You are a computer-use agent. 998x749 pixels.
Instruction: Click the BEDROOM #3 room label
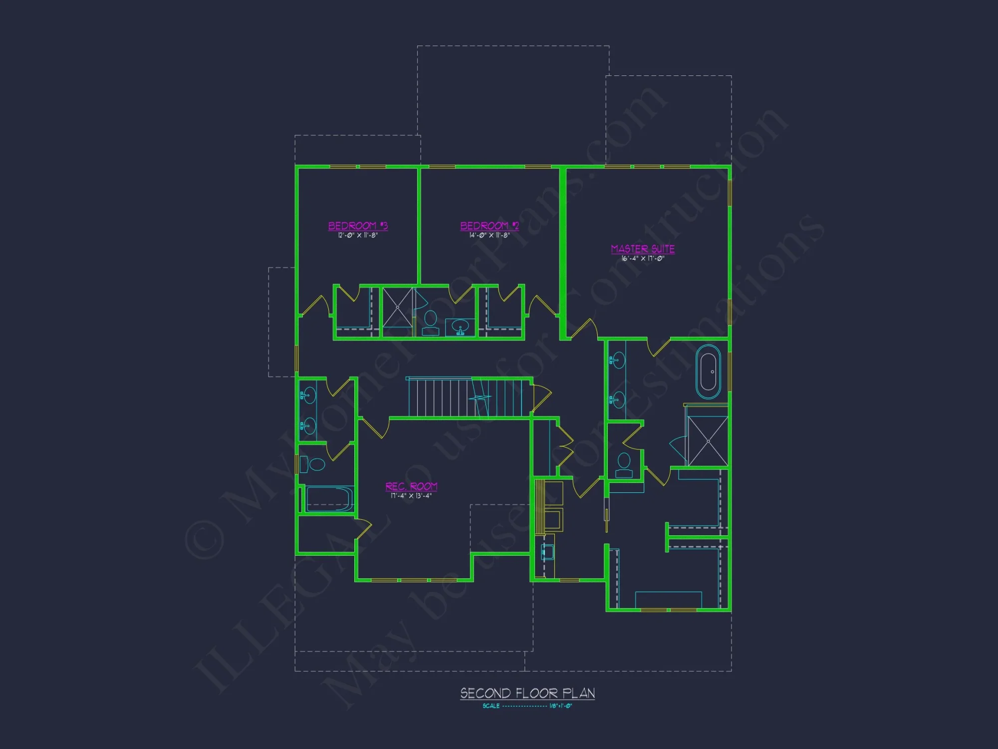(x=358, y=226)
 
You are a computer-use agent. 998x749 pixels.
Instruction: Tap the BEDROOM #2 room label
(x=490, y=226)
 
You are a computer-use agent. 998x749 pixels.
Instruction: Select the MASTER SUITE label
(x=643, y=249)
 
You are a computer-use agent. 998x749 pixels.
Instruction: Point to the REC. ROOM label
(x=412, y=486)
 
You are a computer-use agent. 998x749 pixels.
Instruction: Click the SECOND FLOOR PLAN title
(x=527, y=693)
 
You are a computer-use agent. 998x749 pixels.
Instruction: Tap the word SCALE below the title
(x=491, y=706)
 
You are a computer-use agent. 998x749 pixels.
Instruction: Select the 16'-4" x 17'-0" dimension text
(x=643, y=259)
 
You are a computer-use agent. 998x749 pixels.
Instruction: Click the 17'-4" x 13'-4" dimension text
(x=411, y=496)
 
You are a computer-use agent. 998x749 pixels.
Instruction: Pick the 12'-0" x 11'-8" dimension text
(x=358, y=235)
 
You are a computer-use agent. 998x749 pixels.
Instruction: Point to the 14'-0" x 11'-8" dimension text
(x=489, y=235)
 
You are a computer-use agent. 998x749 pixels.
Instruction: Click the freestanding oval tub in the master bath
(x=708, y=372)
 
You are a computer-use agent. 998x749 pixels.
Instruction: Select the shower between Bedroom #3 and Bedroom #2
(x=398, y=307)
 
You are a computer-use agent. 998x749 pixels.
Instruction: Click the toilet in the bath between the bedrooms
(x=430, y=323)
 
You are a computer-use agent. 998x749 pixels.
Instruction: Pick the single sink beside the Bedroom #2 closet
(x=460, y=327)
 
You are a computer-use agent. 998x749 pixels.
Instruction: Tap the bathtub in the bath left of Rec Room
(x=328, y=499)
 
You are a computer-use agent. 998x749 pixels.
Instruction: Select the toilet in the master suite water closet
(x=624, y=464)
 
